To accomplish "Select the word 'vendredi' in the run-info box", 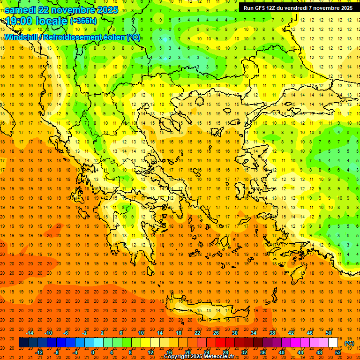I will coord(295,8).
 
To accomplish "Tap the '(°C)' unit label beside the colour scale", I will coord(349,343).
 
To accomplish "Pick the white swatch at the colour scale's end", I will coord(333,343).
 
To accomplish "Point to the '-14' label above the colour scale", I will coord(30,333).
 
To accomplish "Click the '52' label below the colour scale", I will coord(338,352).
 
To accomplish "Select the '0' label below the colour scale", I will coord(93,352).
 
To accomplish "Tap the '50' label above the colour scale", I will coord(329,333).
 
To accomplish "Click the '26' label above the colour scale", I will coord(216,333).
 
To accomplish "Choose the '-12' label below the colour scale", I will coord(39,352).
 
